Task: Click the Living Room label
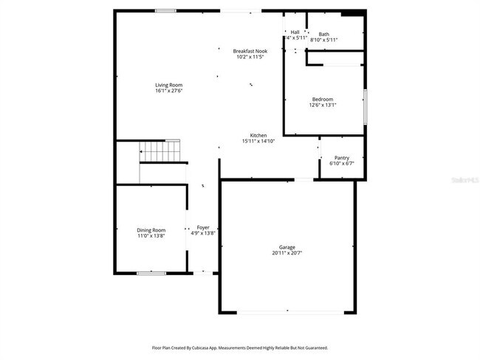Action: coord(168,85)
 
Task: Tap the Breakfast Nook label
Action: coord(250,51)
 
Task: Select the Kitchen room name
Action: coord(258,135)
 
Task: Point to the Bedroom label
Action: coord(322,99)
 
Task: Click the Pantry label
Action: coord(341,157)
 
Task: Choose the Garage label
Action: coord(287,247)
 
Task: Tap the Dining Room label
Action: coord(151,230)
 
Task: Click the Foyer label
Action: coord(202,227)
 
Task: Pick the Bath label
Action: coord(323,34)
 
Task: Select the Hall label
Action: coord(295,32)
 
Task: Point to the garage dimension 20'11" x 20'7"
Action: coord(287,253)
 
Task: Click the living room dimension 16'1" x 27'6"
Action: coord(168,91)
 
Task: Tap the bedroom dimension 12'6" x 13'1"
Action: coord(322,105)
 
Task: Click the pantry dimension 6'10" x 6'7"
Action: coord(341,163)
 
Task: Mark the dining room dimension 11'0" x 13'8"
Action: coord(151,236)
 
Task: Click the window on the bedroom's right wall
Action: coord(364,105)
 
